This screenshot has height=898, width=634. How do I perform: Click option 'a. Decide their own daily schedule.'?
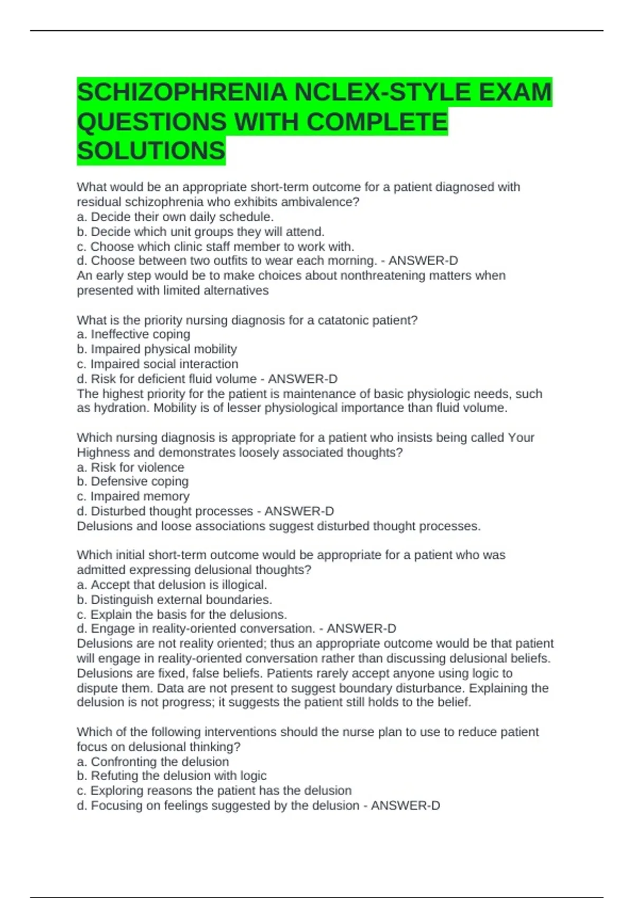coord(175,217)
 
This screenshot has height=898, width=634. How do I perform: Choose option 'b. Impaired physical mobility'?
coord(157,349)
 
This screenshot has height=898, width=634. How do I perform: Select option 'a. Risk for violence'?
coord(130,467)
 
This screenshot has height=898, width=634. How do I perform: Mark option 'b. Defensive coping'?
coord(133,481)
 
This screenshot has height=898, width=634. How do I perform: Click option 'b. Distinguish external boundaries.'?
coord(174,600)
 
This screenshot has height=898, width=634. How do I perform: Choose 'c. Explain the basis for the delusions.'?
coord(182,614)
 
